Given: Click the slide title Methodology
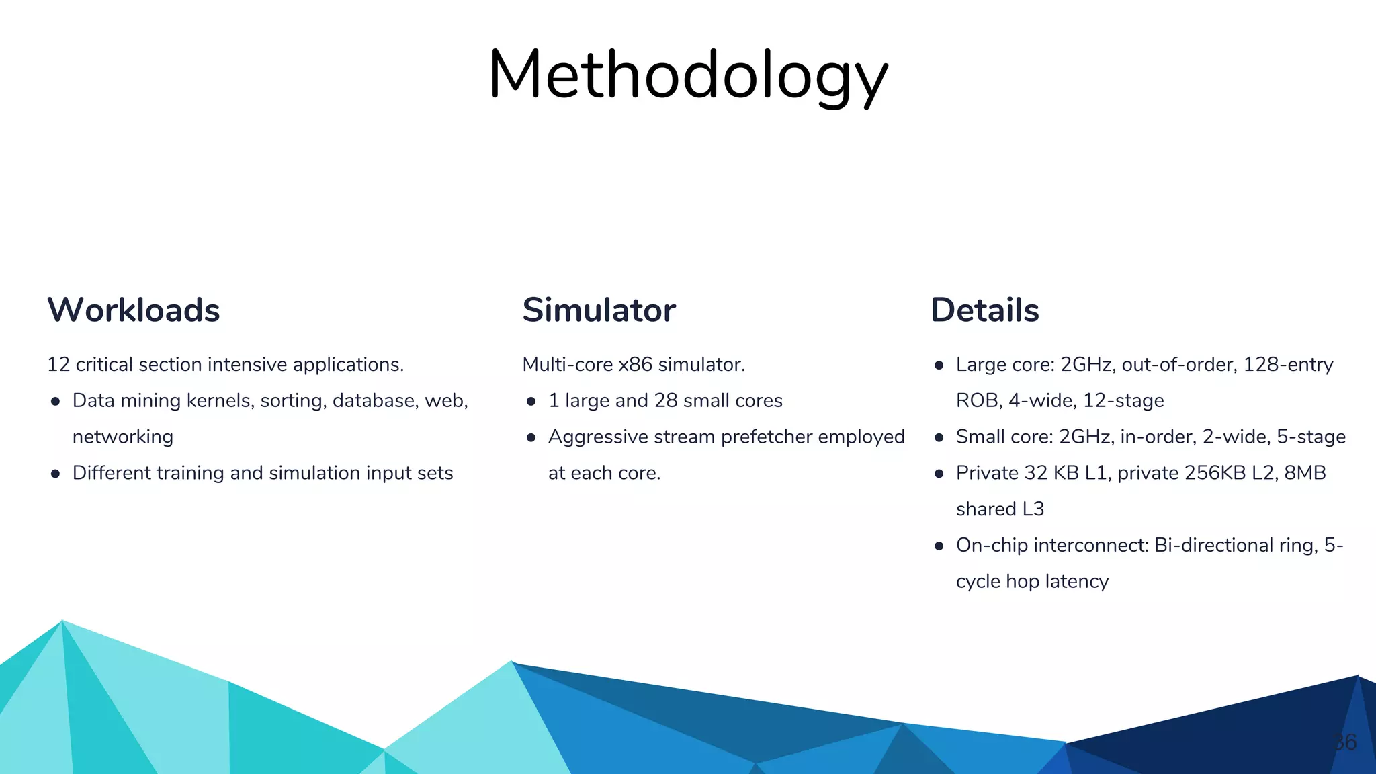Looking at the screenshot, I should pyautogui.click(x=688, y=75).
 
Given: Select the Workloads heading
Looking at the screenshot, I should pyautogui.click(x=134, y=310).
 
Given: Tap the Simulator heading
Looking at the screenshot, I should pyautogui.click(x=599, y=310).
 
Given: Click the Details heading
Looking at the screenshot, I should pyautogui.click(x=985, y=310).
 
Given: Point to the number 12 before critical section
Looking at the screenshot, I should pyautogui.click(x=58, y=365).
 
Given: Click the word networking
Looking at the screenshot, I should pyautogui.click(x=123, y=437).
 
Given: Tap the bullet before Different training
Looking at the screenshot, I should pyautogui.click(x=56, y=474).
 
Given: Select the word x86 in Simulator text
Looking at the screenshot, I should pyautogui.click(x=635, y=365).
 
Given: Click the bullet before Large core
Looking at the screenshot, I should pyautogui.click(x=939, y=365).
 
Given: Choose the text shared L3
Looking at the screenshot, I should pyautogui.click(x=1000, y=509).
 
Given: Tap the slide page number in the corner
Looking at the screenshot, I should pyautogui.click(x=1345, y=742).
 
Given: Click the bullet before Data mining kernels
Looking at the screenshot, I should pyautogui.click(x=56, y=402).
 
